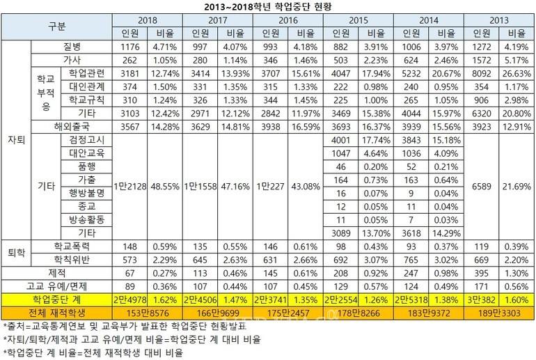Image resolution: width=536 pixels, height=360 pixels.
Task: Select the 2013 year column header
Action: pos(498,21)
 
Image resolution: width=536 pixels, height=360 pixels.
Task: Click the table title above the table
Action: pos(267,6)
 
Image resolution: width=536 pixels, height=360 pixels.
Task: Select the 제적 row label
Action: pos(57,272)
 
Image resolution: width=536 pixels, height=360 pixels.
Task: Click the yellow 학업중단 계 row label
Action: pos(57,299)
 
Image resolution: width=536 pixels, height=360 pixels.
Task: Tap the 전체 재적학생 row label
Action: pos(57,312)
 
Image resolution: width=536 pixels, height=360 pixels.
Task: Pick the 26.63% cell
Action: pos(516,73)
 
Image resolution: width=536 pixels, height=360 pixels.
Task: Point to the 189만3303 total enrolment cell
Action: pos(498,312)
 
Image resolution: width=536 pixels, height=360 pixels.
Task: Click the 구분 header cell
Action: pos(57,27)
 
